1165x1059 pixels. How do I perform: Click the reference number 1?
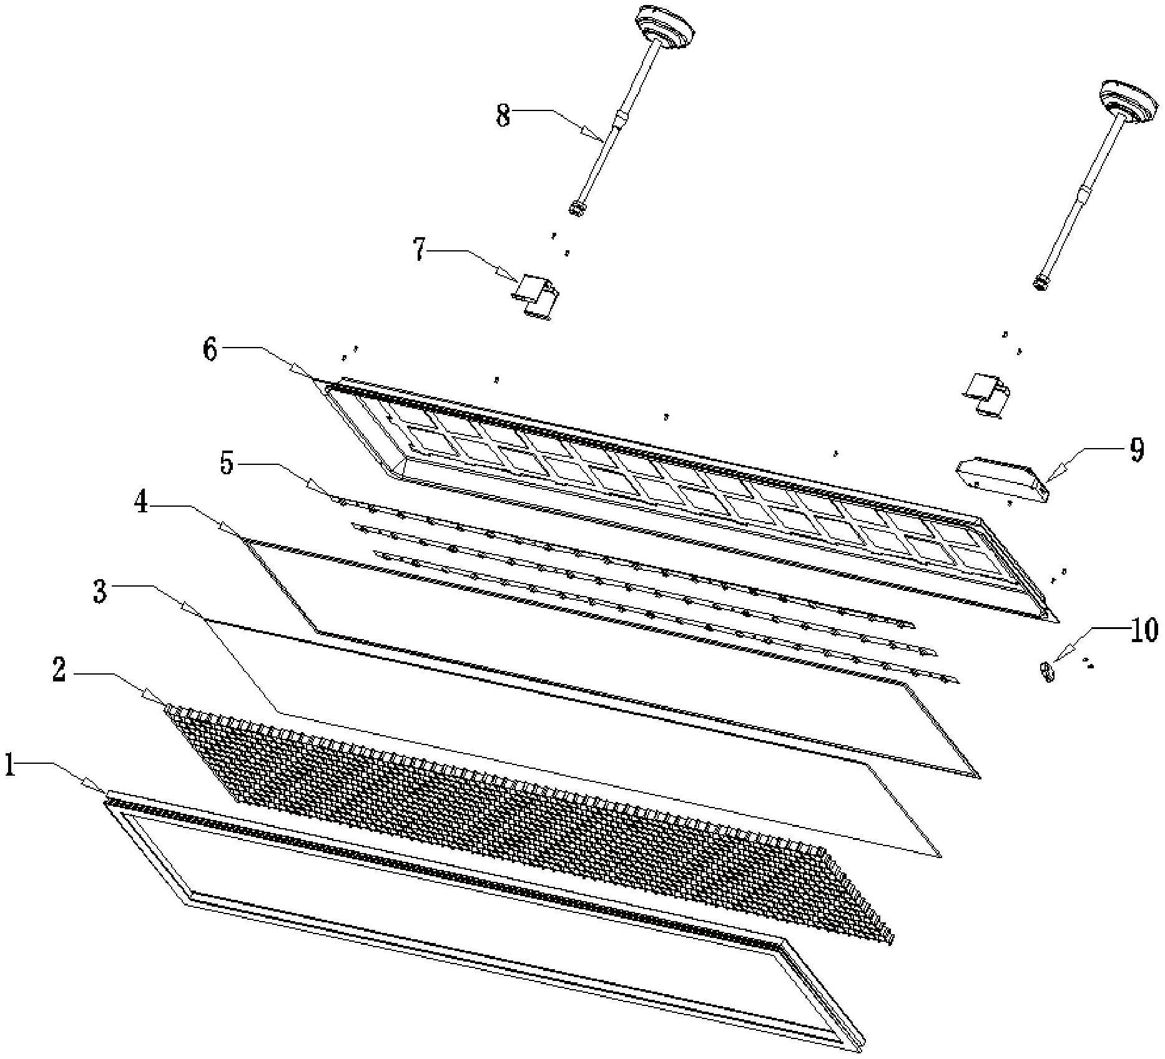[10, 765]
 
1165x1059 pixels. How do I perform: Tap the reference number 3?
[100, 591]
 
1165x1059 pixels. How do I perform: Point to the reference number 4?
[142, 502]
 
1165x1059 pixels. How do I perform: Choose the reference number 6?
[210, 350]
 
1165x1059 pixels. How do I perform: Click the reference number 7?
[419, 250]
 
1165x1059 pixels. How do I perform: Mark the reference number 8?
[503, 115]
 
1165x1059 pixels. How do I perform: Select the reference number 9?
[1136, 449]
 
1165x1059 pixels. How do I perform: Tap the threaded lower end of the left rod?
[577, 208]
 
